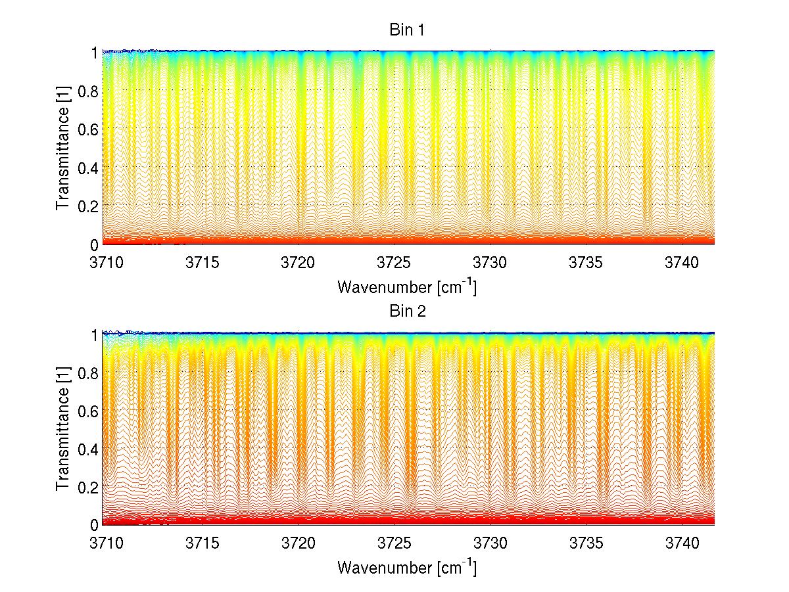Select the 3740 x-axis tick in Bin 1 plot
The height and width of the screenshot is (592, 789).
pyautogui.click(x=682, y=262)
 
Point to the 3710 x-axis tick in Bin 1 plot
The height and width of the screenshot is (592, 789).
pyautogui.click(x=107, y=262)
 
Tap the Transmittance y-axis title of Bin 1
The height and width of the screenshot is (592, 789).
pyautogui.click(x=63, y=148)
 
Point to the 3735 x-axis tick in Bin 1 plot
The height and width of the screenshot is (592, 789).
pyautogui.click(x=586, y=262)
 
